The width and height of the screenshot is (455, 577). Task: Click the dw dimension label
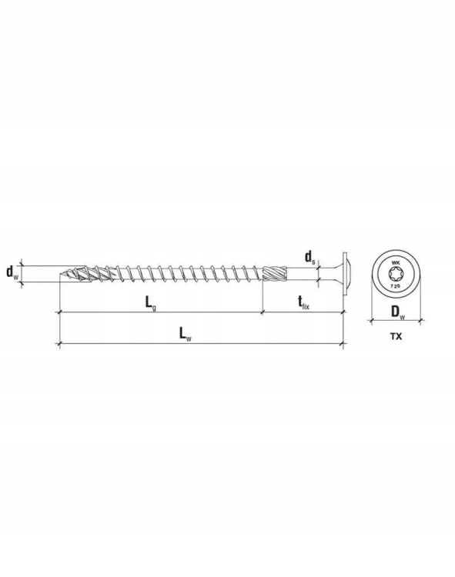coord(12,272)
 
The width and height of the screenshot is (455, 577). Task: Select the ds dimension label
coord(309,257)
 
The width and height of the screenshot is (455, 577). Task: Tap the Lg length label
coord(150,303)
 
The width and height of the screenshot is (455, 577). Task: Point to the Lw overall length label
coord(186,334)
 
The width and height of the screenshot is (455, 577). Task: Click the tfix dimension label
coord(303,303)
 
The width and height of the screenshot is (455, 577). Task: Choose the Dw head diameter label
coord(397,312)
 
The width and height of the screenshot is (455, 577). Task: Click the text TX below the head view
coord(396,336)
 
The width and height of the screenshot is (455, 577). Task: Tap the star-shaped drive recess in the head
coord(396,273)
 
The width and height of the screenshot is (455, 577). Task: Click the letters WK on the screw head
coord(396,263)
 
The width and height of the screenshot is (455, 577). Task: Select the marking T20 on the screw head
coord(396,284)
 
